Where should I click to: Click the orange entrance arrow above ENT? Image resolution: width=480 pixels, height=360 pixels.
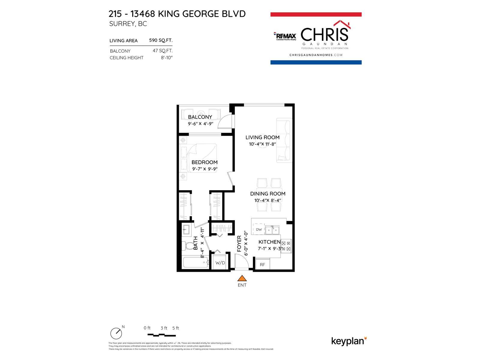click(x=242, y=278)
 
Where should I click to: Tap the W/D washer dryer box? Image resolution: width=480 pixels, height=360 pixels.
click(x=220, y=263)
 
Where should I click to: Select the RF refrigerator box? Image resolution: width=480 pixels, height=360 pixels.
click(x=262, y=264)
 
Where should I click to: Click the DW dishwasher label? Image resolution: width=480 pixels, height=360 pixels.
click(x=259, y=229)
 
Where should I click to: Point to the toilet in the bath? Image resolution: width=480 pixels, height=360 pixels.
click(x=189, y=247)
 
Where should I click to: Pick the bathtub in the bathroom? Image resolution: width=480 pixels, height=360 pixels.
click(x=194, y=263)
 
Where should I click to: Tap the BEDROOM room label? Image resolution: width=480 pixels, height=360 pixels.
click(x=204, y=162)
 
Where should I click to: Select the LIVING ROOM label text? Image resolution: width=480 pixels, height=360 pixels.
click(x=262, y=137)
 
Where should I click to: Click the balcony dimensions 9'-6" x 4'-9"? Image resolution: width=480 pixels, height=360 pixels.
click(x=200, y=123)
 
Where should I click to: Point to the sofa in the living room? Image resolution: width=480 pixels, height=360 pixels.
click(x=284, y=140)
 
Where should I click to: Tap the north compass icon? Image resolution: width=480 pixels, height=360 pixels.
click(x=116, y=333)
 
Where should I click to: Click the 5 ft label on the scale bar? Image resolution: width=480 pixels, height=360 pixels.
click(x=175, y=328)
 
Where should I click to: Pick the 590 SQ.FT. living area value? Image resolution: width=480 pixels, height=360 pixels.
click(x=161, y=40)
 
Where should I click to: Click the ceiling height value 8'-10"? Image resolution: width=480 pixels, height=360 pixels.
click(x=167, y=58)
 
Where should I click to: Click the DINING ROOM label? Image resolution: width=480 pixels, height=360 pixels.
click(x=268, y=194)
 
